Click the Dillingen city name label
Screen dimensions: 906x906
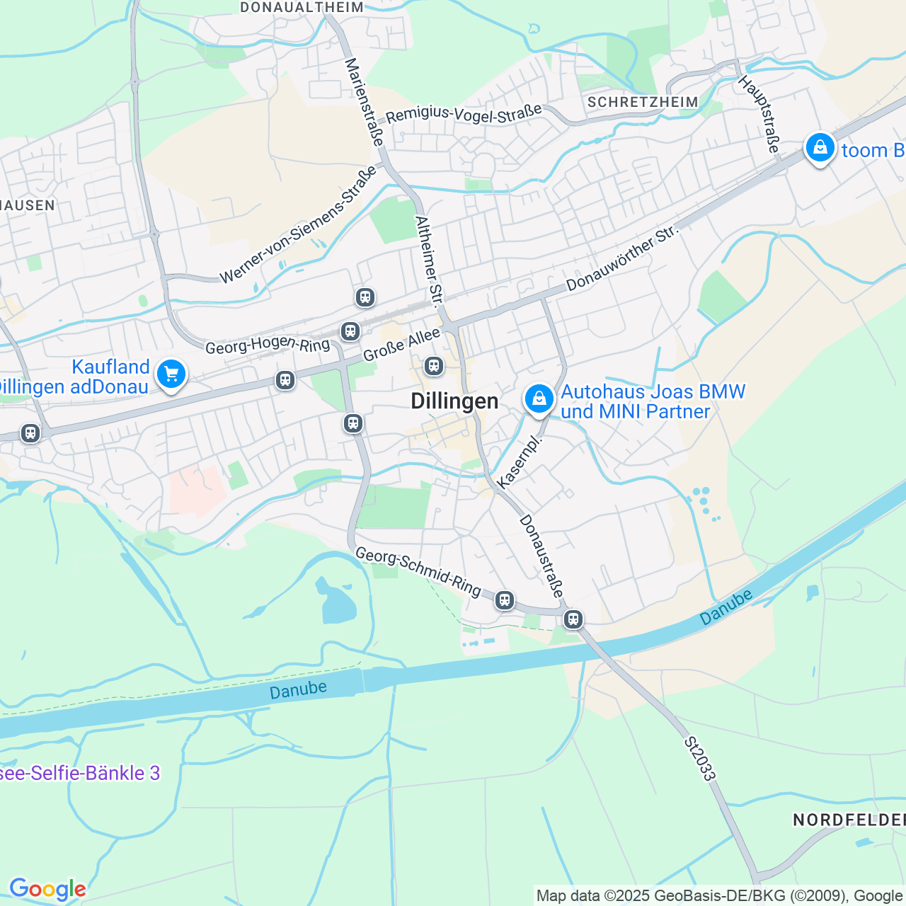click(454, 401)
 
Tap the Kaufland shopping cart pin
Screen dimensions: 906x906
click(171, 374)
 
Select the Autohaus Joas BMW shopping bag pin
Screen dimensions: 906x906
click(539, 399)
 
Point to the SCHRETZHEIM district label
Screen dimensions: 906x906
click(643, 102)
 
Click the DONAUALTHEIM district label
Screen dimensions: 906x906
click(302, 7)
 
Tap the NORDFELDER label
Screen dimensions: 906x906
click(849, 820)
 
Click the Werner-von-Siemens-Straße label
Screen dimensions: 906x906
click(298, 226)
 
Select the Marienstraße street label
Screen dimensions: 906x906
click(364, 102)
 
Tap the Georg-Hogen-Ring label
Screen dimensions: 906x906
click(268, 345)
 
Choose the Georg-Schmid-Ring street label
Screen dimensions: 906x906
click(418, 570)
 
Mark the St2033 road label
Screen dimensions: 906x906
click(700, 759)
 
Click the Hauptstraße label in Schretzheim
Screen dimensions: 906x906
click(759, 114)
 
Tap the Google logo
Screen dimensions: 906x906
click(47, 889)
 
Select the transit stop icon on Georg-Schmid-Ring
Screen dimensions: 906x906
click(504, 600)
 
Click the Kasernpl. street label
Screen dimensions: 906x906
click(520, 461)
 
